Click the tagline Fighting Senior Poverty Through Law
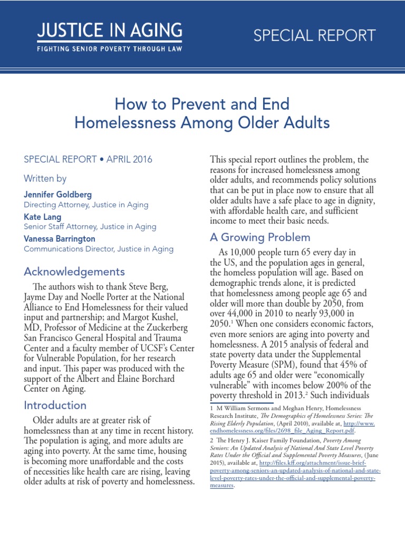(x=110, y=49)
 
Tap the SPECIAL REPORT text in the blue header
(x=314, y=36)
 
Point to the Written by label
(x=45, y=178)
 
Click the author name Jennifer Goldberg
(x=58, y=195)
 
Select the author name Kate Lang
(x=43, y=217)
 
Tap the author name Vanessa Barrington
(x=60, y=239)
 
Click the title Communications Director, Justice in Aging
(x=98, y=249)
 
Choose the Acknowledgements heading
(x=74, y=272)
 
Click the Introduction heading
(x=55, y=405)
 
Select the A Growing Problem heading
(x=260, y=237)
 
